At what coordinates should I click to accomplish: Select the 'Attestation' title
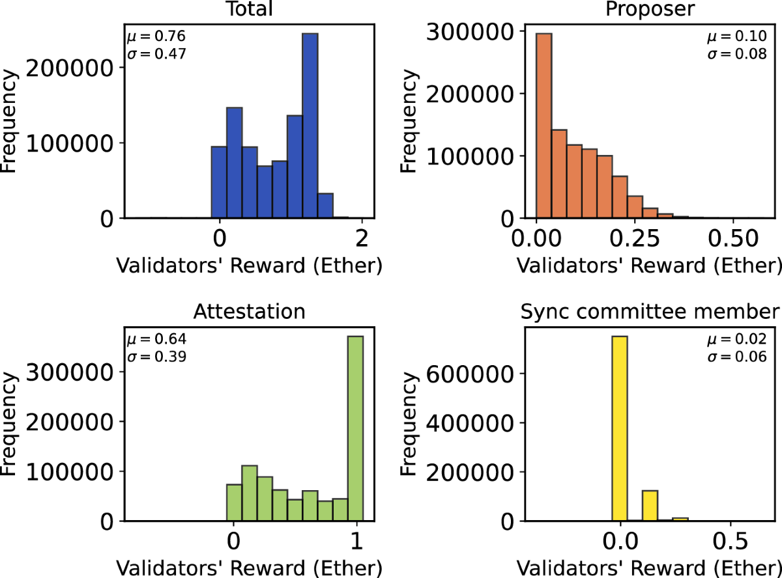point(250,312)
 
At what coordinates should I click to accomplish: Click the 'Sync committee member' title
point(650,312)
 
